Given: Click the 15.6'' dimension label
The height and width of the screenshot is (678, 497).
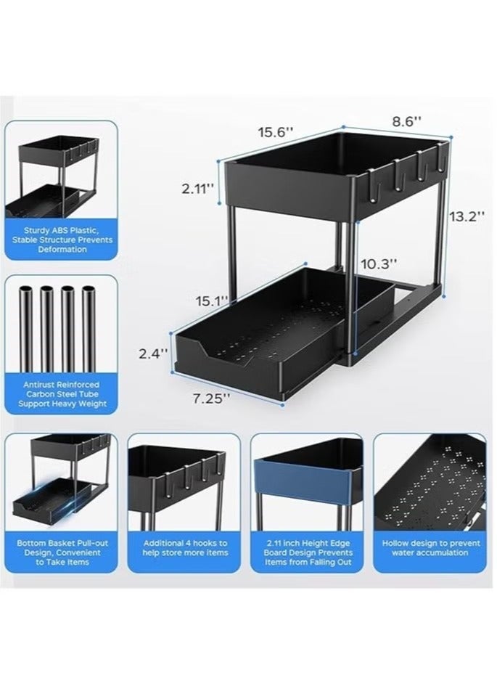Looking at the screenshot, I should click(275, 132).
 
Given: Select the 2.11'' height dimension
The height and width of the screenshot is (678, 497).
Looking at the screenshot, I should click(197, 189).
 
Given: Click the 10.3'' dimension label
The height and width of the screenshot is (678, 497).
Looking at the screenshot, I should click(379, 265).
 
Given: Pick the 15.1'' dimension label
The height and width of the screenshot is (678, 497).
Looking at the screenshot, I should click(211, 299).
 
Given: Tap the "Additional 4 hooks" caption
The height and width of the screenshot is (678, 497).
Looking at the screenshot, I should click(184, 548).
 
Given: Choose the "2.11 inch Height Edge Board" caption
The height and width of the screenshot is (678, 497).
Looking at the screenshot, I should click(308, 552).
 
